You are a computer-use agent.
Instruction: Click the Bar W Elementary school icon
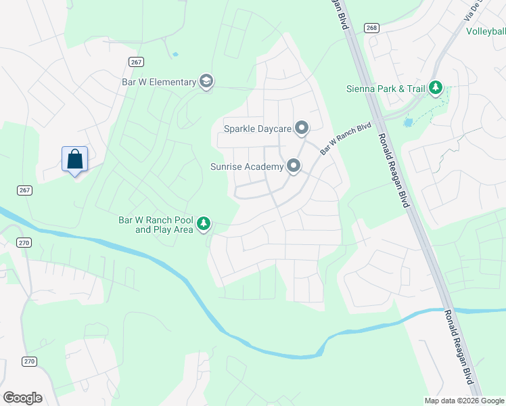coord(206,82)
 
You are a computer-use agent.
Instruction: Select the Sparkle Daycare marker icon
coord(302,128)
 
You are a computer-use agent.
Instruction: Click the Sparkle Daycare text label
coord(258,128)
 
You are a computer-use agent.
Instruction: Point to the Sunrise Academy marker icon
coord(294,166)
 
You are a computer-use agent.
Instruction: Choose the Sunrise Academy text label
coord(246,166)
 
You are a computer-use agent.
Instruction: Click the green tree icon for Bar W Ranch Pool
coord(204,224)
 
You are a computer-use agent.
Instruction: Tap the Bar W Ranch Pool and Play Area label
coord(155,225)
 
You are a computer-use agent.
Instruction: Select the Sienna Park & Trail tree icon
coord(436,88)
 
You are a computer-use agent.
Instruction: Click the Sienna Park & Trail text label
coord(385,89)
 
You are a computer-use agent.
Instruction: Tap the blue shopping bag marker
coord(74,160)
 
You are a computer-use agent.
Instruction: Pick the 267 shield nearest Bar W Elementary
coord(136,62)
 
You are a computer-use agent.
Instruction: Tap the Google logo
coord(22,397)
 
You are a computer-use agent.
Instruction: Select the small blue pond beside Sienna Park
coord(408,122)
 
